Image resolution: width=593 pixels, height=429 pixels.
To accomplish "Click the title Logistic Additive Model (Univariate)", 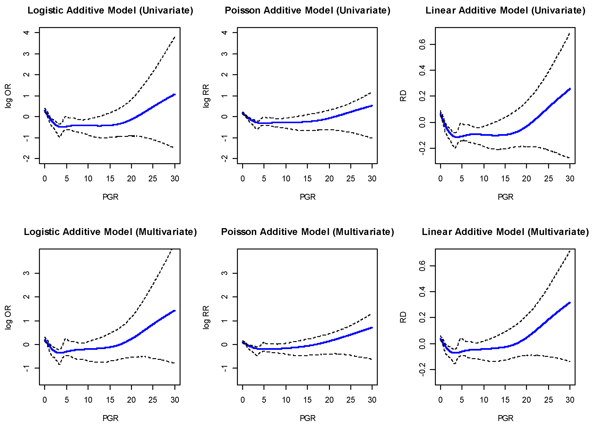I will click(110, 10).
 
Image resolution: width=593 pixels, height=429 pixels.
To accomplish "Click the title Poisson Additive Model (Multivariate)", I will click(307, 232).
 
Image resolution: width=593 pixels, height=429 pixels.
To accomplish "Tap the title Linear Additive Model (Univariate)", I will click(505, 10).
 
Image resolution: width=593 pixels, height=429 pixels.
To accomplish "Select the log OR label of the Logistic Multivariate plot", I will click(8, 317).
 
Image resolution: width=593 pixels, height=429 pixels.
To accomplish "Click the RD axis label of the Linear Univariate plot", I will click(403, 96).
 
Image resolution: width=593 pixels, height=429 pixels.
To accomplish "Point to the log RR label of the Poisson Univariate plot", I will click(206, 96).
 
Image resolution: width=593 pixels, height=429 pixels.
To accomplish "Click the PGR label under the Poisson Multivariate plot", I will click(307, 418).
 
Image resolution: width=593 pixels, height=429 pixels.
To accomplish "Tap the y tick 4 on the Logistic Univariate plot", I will click(26, 33).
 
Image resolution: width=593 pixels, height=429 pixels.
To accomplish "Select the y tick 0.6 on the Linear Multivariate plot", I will click(422, 266).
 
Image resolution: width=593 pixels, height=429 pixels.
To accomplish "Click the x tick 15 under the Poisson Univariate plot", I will click(307, 179).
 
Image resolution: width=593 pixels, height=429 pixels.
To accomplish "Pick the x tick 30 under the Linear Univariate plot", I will click(570, 179).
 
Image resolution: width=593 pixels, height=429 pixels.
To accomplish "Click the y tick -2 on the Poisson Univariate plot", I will click(224, 158).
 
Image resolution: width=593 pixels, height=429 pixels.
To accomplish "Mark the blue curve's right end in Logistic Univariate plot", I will click(175, 95).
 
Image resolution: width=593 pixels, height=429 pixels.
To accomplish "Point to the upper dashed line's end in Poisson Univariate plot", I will click(371, 93).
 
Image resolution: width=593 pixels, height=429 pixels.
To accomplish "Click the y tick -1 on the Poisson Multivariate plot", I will click(224, 368).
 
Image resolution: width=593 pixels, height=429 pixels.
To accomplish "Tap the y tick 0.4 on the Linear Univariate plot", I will click(422, 70).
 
